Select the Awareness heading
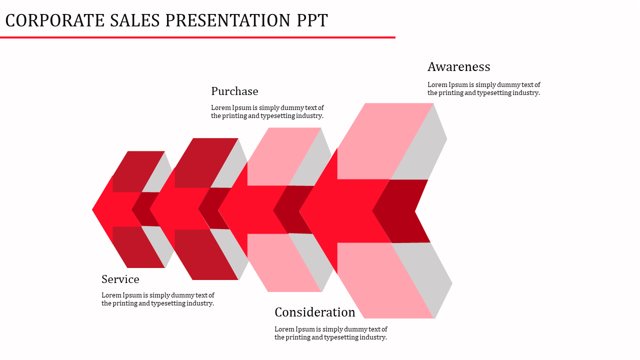pyautogui.click(x=458, y=67)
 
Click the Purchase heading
pyautogui.click(x=234, y=91)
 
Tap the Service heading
pyautogui.click(x=120, y=279)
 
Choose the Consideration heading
pyautogui.click(x=314, y=312)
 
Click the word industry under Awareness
pyautogui.click(x=526, y=93)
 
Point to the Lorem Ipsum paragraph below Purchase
pyautogui.click(x=267, y=111)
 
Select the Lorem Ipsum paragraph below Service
pyautogui.click(x=157, y=299)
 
